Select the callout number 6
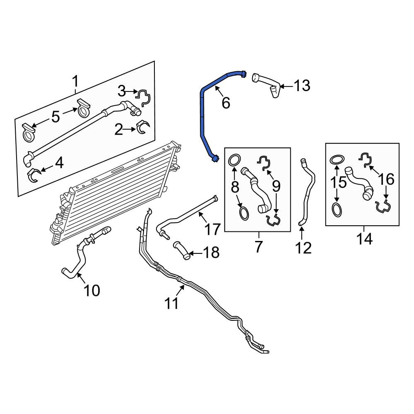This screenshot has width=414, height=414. [x=226, y=103]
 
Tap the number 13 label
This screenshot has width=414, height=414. [x=302, y=86]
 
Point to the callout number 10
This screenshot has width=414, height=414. [x=91, y=290]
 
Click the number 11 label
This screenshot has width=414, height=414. [x=172, y=303]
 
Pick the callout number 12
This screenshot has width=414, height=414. [x=303, y=248]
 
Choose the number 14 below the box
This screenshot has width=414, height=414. [x=364, y=239]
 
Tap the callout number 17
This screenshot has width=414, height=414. [x=212, y=229]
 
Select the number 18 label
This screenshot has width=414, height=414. [x=211, y=253]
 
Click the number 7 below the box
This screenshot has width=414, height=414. [x=258, y=247]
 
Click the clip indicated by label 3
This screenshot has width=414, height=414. [x=143, y=96]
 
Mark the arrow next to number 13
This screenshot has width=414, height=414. [x=286, y=86]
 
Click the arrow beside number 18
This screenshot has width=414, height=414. [x=196, y=254]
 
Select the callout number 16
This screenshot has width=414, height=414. [x=386, y=179]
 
